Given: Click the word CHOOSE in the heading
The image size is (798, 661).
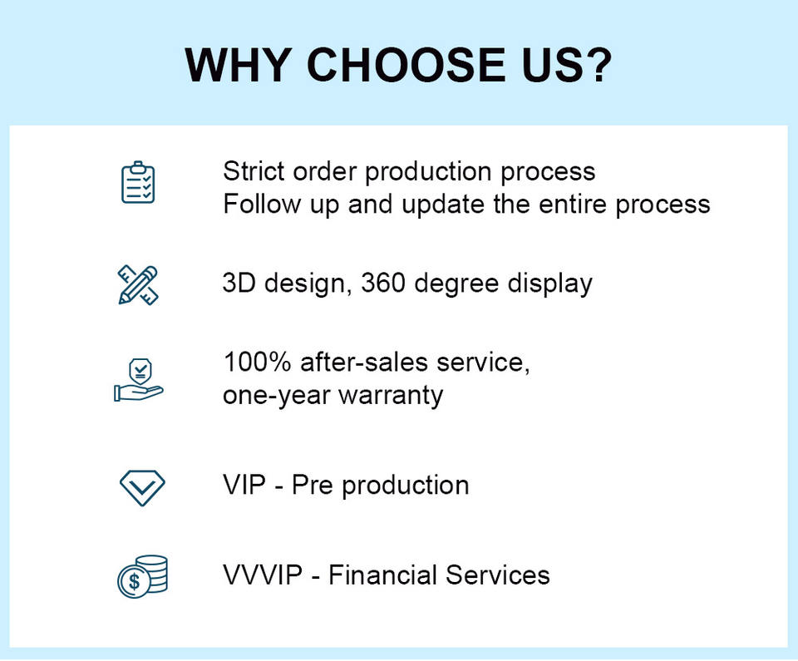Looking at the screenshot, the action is tap(406, 65).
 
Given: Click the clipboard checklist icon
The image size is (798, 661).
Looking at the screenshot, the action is tap(138, 182).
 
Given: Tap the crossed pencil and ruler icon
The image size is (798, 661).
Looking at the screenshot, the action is tap(139, 285).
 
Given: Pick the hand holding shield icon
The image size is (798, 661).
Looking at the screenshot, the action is tap(139, 380).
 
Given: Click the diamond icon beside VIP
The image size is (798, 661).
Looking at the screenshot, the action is tap(142, 488).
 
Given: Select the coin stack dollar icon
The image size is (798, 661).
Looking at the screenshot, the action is tap(142, 576).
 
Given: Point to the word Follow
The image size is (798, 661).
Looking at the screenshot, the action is tap(262, 204).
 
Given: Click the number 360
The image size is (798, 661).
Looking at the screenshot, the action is tap(382, 284).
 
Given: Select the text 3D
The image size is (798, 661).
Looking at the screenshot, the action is tap(239, 284).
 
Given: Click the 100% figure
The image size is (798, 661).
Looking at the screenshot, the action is tap(257, 362).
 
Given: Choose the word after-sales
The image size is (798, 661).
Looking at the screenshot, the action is tap(364, 362).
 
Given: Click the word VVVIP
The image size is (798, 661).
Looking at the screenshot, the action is tap(263, 575).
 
